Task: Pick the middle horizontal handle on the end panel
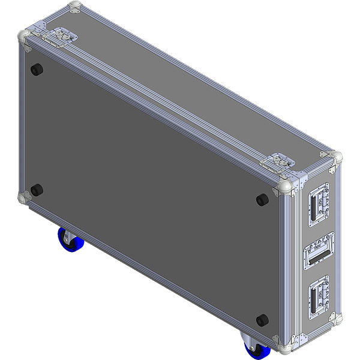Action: pyautogui.click(x=318, y=254)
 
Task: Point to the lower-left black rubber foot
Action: pyautogui.click(x=37, y=191)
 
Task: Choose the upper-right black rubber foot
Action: pyautogui.click(x=262, y=199)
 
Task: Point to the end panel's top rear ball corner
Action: pyautogui.click(x=336, y=158)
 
